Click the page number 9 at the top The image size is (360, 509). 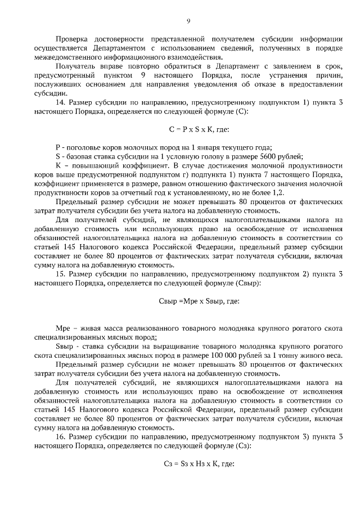click(x=188, y=21)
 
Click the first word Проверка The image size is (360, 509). click(x=73, y=39)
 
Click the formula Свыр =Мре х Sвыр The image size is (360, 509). click(x=188, y=300)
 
